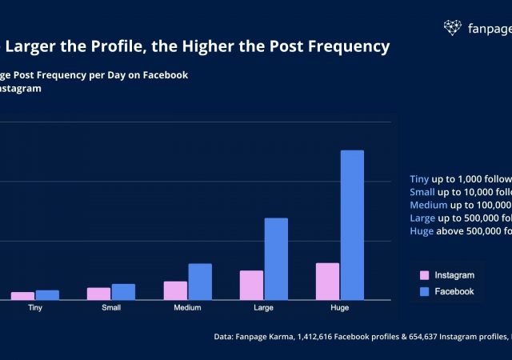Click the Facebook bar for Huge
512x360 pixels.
[x=352, y=225]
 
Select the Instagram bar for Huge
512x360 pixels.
[x=327, y=281]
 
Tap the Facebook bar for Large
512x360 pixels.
[x=276, y=258]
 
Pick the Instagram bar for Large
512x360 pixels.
[x=251, y=285]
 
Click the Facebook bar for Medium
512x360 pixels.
[x=200, y=282]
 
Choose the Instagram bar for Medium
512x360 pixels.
[x=175, y=290]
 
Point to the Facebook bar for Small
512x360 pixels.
[x=124, y=291]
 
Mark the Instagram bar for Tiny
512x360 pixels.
[x=23, y=296]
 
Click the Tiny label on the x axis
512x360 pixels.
[x=35, y=308]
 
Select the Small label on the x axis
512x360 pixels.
[x=111, y=308]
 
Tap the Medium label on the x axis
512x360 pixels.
[x=187, y=308]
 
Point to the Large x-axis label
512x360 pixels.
[x=263, y=308]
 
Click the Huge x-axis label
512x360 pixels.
[x=339, y=308]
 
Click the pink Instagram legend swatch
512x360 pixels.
[x=425, y=275]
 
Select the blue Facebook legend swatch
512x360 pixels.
[x=425, y=291]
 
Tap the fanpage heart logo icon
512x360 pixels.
[x=453, y=28]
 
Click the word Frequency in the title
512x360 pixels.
[x=343, y=46]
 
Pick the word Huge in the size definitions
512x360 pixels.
[x=421, y=231]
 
